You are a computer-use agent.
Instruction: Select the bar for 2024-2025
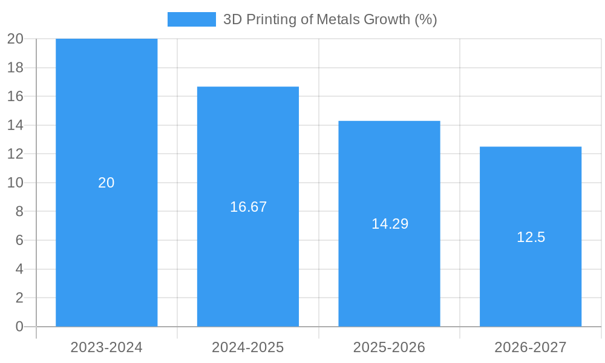(248, 266)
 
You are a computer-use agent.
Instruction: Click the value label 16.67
(248, 207)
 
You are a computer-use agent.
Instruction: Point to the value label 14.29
(390, 224)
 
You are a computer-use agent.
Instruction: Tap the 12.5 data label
(531, 237)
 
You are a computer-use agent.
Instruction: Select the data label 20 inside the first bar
(106, 183)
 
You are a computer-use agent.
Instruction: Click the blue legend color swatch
(191, 19)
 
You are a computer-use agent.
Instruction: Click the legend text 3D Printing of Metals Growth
(330, 19)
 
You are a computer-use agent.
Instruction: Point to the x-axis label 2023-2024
(106, 347)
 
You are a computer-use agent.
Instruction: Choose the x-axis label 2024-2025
(248, 347)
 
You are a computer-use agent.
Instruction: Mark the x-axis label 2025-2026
(389, 347)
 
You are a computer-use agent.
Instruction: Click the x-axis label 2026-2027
(531, 347)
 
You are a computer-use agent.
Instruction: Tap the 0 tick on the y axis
(19, 327)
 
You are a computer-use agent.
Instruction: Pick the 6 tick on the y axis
(19, 240)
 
